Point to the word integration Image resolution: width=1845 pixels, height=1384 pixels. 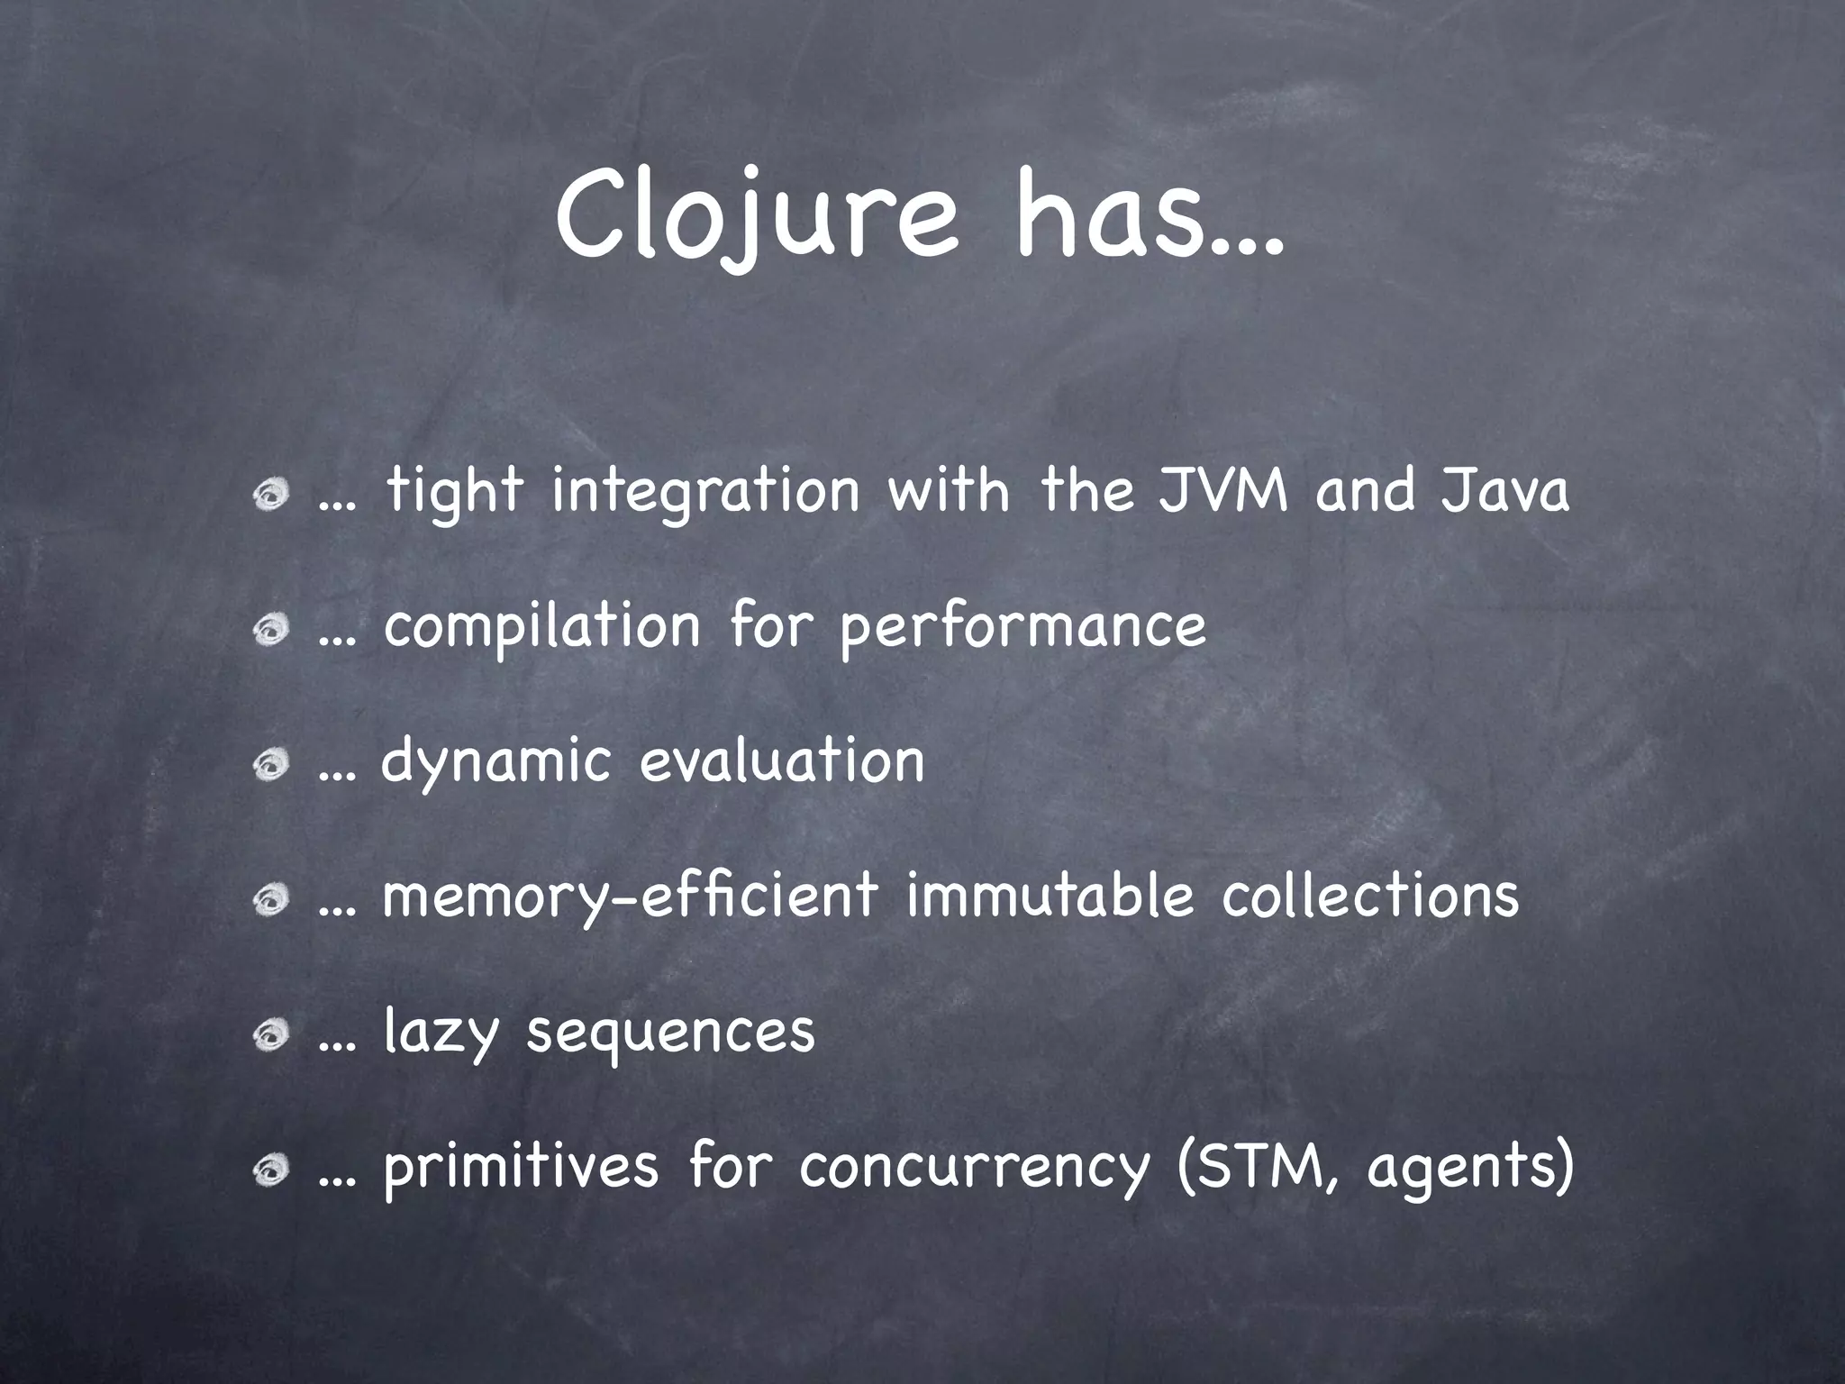(x=705, y=494)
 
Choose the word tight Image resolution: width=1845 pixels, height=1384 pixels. (x=454, y=494)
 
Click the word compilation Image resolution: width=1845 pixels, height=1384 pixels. (x=541, y=627)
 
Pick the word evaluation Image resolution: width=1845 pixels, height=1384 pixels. (x=782, y=761)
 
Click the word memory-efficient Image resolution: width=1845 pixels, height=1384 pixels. (x=630, y=897)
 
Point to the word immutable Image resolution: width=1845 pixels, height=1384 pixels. (x=1050, y=896)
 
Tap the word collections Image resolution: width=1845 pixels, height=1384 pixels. (x=1370, y=896)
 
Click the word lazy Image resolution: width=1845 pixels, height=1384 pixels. (x=441, y=1033)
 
